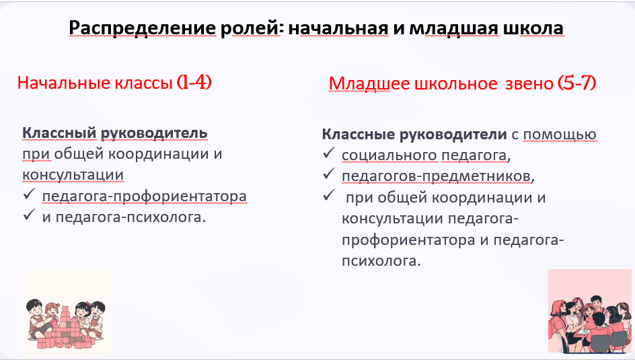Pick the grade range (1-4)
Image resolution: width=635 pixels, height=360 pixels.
click(x=194, y=82)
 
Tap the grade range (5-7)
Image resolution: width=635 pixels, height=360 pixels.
click(x=576, y=83)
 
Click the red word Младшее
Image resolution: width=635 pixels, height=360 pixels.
click(x=369, y=84)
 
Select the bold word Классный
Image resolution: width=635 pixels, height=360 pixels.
click(x=59, y=133)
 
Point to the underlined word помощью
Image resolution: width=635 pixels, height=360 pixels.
click(x=560, y=135)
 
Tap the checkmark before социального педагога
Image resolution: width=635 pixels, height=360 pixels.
click(x=328, y=153)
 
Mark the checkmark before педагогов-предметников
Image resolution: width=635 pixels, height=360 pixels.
click(x=328, y=174)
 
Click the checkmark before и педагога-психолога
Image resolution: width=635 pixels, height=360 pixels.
click(x=29, y=215)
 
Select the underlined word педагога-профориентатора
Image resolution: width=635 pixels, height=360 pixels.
click(x=144, y=196)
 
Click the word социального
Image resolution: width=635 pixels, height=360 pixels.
click(x=389, y=155)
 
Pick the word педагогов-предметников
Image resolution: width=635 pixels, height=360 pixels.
click(x=436, y=176)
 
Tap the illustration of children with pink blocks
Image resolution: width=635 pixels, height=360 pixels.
click(x=66, y=313)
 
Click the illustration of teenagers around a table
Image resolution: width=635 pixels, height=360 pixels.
click(x=590, y=311)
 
